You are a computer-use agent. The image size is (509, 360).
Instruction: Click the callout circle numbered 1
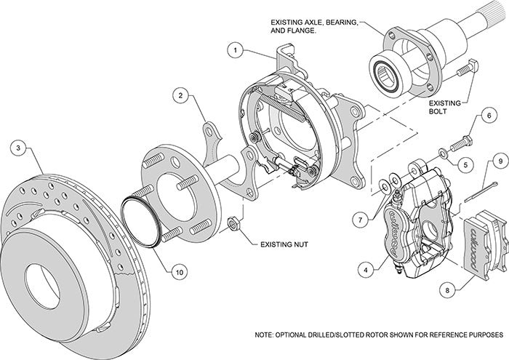point(234,51)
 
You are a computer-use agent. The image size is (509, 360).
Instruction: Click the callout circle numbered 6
point(488,114)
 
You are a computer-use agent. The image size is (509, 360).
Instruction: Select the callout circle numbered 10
point(177,272)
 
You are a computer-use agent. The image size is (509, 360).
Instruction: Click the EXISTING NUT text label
point(284,245)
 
